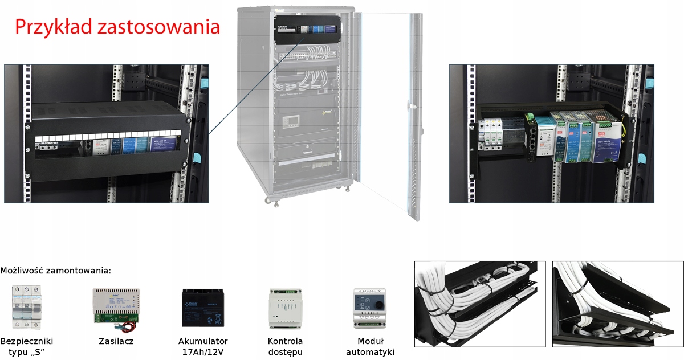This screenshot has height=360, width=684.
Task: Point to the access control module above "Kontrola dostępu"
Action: click(285, 308)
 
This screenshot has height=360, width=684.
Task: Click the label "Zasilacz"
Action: click(116, 342)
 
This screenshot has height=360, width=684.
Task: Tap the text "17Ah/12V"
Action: click(203, 352)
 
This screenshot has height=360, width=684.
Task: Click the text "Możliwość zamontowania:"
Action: click(56, 271)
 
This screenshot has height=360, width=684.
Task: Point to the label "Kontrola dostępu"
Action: click(285, 346)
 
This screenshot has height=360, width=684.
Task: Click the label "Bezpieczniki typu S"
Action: click(27, 346)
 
